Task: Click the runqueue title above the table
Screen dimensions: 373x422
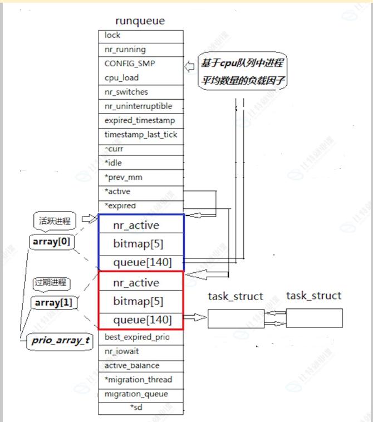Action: point(140,21)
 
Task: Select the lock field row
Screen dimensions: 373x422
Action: point(141,36)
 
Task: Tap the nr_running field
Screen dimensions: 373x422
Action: point(141,50)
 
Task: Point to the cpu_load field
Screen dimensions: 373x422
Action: point(141,78)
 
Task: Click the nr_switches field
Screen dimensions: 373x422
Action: point(141,92)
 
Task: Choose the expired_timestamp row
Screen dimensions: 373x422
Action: point(141,120)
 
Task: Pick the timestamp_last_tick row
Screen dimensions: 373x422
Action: point(141,134)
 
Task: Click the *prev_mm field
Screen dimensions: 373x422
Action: point(141,177)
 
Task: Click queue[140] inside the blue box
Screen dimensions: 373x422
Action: point(141,262)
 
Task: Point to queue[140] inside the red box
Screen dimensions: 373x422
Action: point(141,320)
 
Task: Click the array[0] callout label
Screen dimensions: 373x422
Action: point(51,243)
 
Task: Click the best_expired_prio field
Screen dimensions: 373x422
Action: point(141,337)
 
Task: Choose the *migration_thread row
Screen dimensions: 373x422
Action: point(141,380)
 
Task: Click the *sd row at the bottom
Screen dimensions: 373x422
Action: point(141,408)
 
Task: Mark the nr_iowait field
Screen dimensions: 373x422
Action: point(141,351)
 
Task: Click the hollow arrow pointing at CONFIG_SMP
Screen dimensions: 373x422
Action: point(189,66)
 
